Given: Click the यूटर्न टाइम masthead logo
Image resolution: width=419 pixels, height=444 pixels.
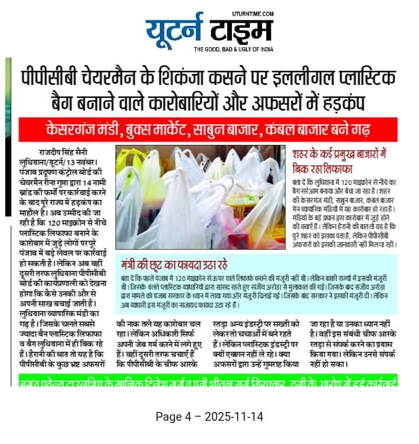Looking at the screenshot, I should (x=208, y=29).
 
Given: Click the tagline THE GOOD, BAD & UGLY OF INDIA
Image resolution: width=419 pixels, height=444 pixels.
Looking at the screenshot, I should (x=233, y=49).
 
